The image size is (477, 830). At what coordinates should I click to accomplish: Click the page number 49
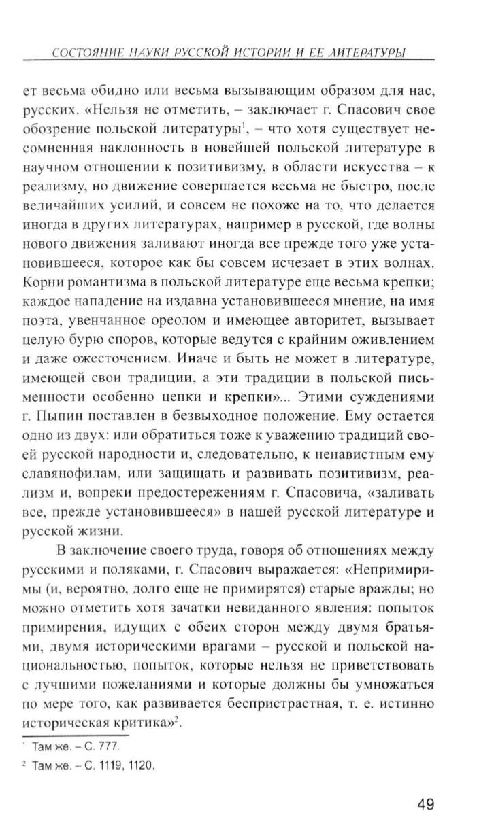point(425,803)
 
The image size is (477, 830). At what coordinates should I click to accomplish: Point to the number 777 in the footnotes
point(109,746)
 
